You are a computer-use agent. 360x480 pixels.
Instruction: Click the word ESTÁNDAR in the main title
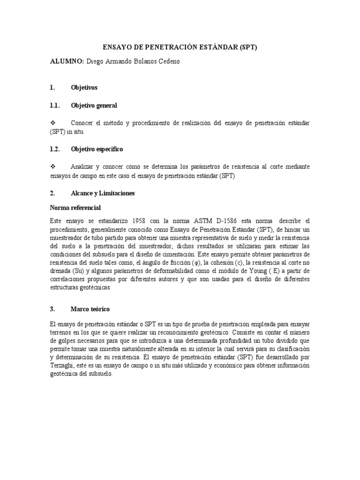pyautogui.click(x=217, y=48)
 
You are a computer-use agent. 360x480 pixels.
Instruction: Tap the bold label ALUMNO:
pyautogui.click(x=67, y=61)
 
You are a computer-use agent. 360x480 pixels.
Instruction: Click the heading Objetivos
pyautogui.click(x=84, y=88)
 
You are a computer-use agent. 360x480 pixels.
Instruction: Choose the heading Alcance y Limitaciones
pyautogui.click(x=103, y=193)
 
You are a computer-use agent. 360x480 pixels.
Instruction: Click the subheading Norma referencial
pyautogui.click(x=75, y=207)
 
